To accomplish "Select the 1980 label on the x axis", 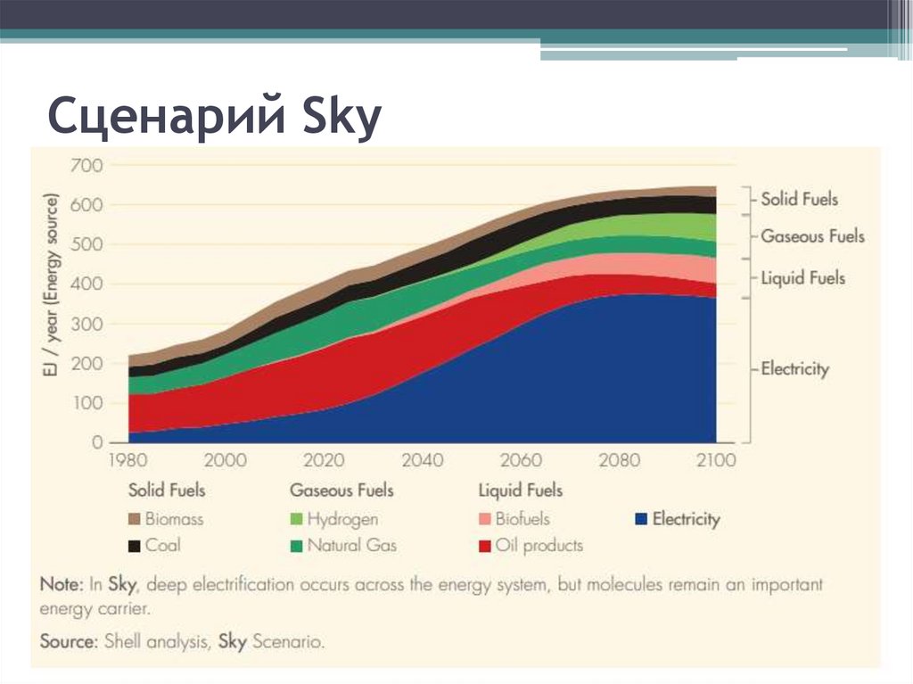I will point(127,461).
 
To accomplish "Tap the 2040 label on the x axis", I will point(422,461).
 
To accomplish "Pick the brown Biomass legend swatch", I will point(135,519).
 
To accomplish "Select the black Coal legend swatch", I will point(135,546).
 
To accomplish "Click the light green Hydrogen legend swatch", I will point(296,519).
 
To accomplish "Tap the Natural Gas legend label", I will point(351,546).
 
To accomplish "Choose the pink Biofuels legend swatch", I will point(485,519).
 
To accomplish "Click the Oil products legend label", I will point(539,546).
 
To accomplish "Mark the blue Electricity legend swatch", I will point(640,519).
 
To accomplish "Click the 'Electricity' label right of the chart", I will point(794,368).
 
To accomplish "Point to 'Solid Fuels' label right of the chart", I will point(799,199).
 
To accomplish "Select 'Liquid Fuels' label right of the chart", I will point(802,278).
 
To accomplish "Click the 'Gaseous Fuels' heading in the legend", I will point(341,490).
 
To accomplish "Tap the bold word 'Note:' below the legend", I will point(62,586).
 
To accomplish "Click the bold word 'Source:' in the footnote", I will point(67,641).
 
